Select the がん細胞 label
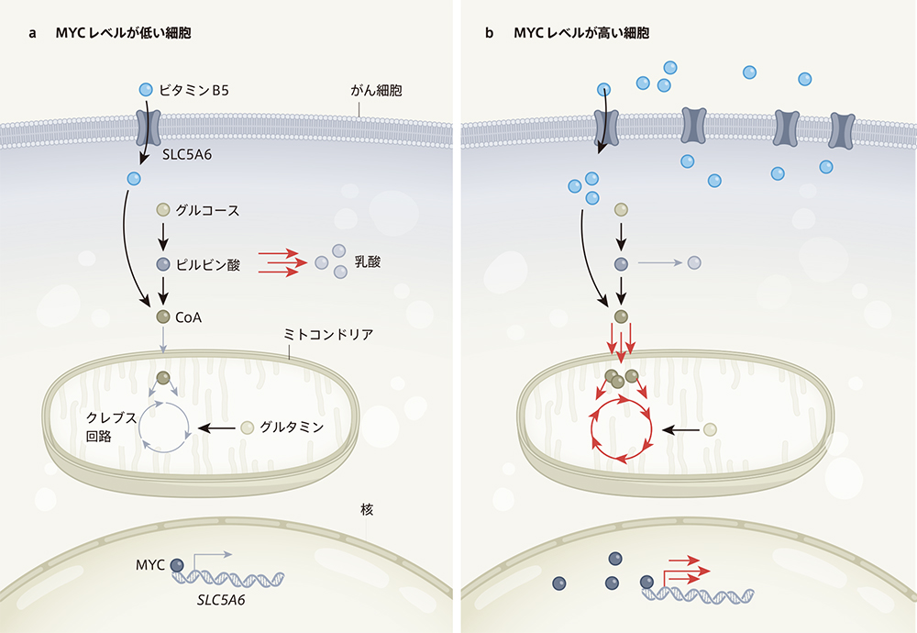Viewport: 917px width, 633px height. click(x=378, y=92)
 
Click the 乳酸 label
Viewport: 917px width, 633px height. click(x=370, y=261)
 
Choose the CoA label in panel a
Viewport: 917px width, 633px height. click(x=190, y=316)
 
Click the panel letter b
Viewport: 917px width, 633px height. click(x=489, y=33)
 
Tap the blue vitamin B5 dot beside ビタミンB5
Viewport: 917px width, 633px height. click(x=145, y=89)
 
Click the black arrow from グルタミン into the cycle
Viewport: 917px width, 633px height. click(x=217, y=428)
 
